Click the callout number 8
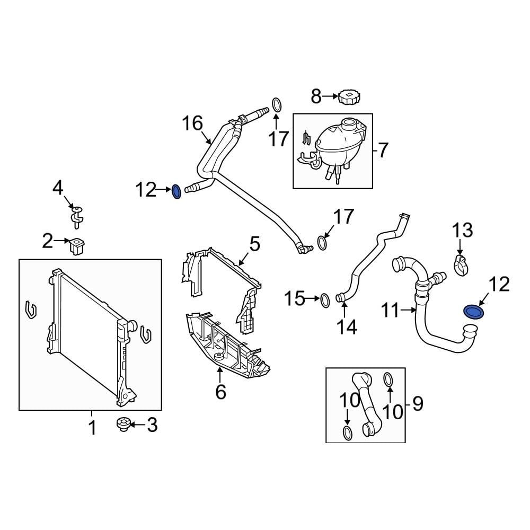point(316,96)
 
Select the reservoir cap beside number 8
point(350,98)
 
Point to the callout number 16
point(192,123)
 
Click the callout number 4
point(58,187)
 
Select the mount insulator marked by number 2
point(78,245)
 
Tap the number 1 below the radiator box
point(92,427)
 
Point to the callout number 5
point(255,244)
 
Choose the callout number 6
point(220,392)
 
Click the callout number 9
point(418,404)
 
